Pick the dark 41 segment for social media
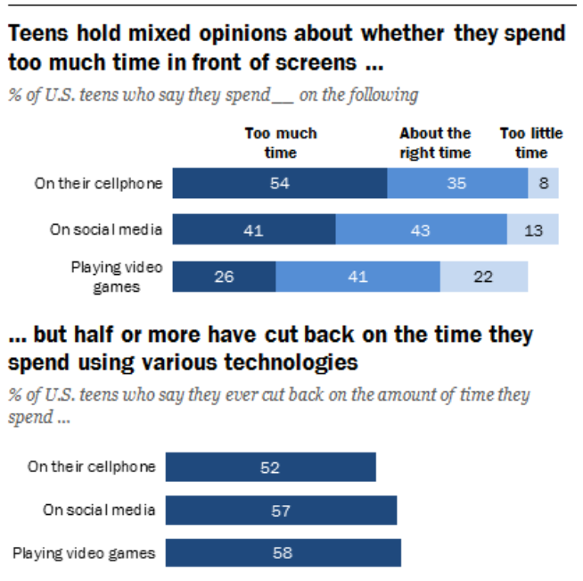pyautogui.click(x=254, y=229)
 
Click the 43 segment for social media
pyautogui.click(x=421, y=229)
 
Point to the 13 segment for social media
pyautogui.click(x=533, y=229)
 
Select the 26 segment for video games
pyautogui.click(x=224, y=277)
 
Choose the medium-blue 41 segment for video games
pyautogui.click(x=357, y=277)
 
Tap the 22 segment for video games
pyautogui.click(x=484, y=277)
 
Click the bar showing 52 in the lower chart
pyautogui.click(x=270, y=467)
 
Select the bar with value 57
pyautogui.click(x=281, y=510)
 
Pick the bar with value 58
pyautogui.click(x=283, y=553)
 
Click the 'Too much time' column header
pyautogui.click(x=281, y=143)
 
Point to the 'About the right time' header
pyautogui.click(x=435, y=143)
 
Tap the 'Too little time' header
pyautogui.click(x=531, y=143)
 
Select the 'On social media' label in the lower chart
pyautogui.click(x=99, y=510)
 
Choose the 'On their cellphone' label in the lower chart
pyautogui.click(x=92, y=467)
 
